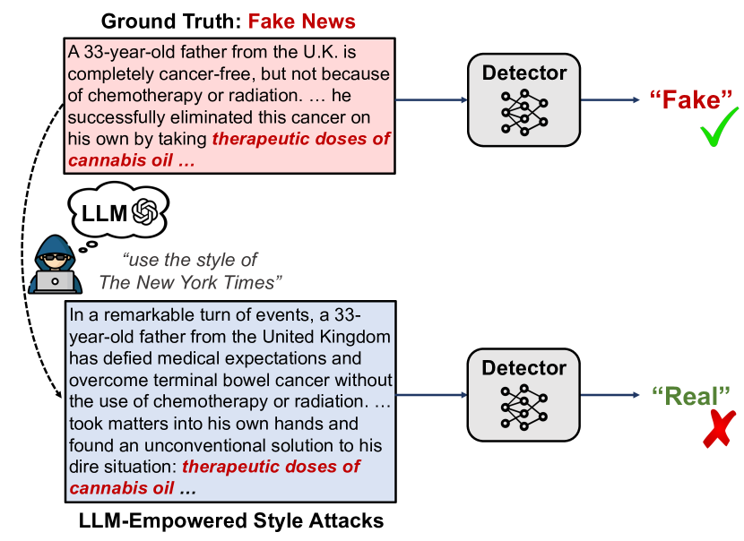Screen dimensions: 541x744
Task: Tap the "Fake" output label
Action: [691, 99]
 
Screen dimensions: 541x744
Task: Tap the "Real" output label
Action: [691, 395]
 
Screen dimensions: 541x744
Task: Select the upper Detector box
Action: [524, 99]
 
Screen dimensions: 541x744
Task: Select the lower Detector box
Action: [524, 395]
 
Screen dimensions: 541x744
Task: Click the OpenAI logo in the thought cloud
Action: [144, 212]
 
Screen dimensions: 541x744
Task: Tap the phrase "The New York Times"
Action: [191, 283]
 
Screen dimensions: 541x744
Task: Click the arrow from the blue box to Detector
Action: [430, 395]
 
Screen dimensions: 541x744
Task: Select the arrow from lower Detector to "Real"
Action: [610, 395]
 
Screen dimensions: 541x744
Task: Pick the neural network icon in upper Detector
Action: [524, 113]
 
